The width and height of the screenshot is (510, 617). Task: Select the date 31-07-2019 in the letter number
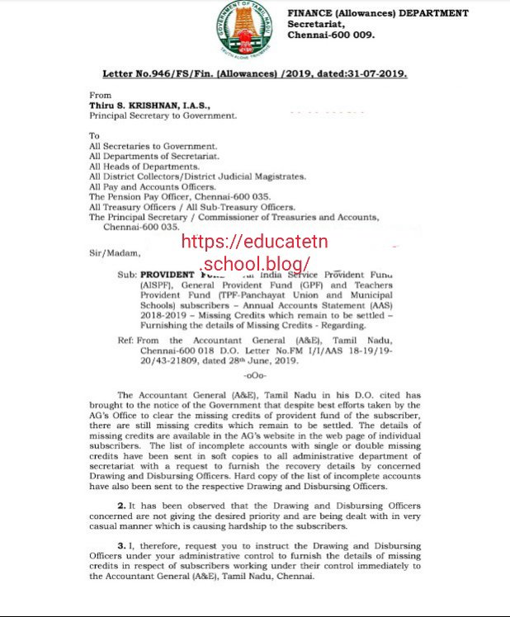coord(375,73)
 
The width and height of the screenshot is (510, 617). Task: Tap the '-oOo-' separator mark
coord(267,377)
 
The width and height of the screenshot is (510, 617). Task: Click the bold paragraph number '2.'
coord(122,505)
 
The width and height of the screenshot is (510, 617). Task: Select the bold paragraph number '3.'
coord(122,546)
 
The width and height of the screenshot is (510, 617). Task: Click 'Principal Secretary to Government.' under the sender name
coord(163,115)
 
